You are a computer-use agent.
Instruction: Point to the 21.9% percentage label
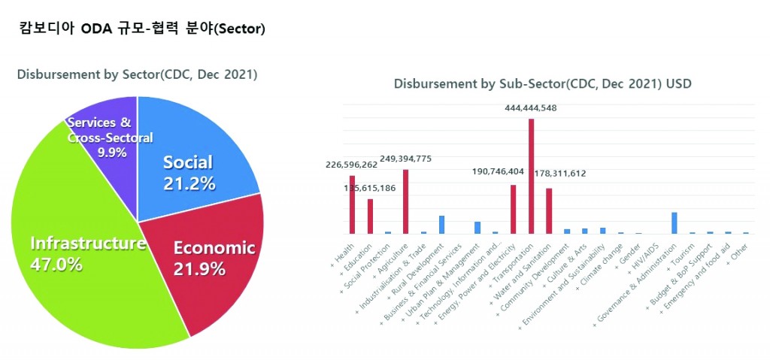(199, 268)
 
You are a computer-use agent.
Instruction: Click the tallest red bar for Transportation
(531, 177)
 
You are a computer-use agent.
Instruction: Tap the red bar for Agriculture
(405, 201)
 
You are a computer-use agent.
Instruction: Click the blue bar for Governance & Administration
(675, 223)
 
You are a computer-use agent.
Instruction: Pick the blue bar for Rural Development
(441, 225)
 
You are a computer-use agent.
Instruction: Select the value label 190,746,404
(487, 171)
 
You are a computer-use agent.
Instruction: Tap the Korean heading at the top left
(142, 29)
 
